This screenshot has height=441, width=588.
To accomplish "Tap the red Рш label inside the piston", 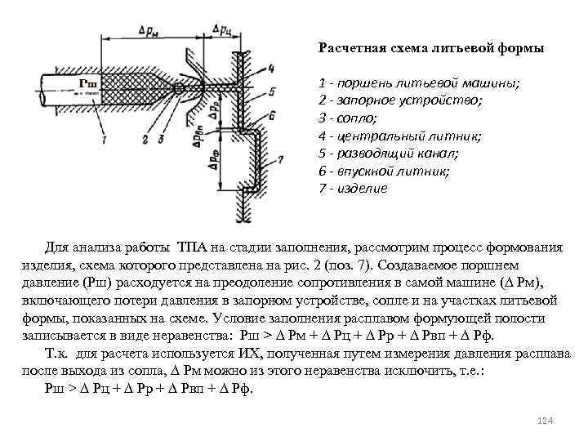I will tap(88, 83).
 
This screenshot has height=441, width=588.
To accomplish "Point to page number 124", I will tap(546, 420).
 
